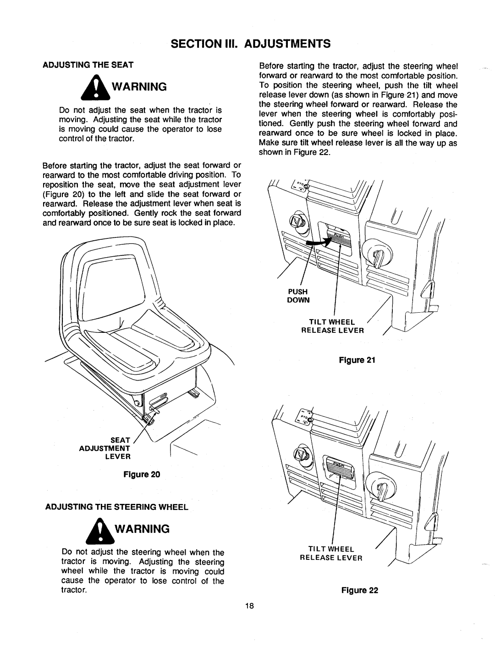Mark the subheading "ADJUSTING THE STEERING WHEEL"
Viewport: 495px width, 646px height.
116,507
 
